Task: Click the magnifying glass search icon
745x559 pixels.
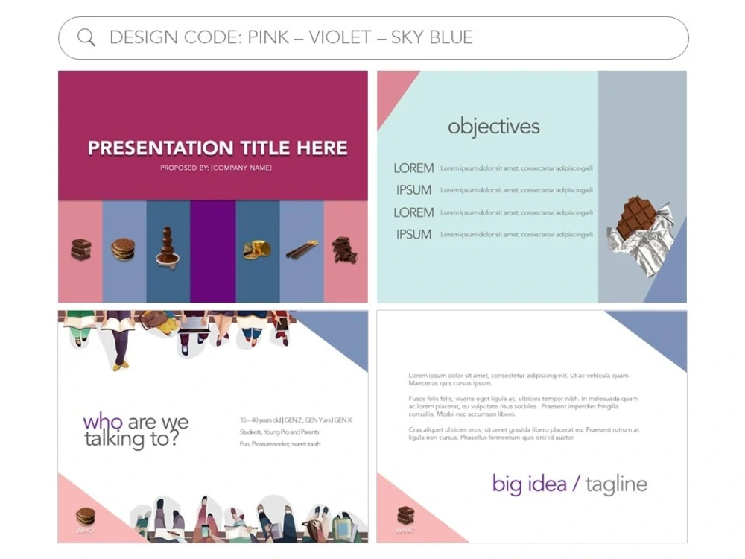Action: (86, 38)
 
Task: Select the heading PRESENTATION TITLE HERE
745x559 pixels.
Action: (218, 148)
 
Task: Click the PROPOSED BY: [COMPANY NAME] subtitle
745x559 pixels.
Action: (216, 168)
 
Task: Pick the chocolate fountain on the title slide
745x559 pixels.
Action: (168, 247)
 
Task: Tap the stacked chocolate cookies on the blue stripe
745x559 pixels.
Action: (123, 250)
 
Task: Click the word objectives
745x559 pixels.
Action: (493, 126)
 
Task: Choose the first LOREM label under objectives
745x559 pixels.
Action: (413, 168)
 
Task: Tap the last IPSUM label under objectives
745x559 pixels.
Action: (413, 234)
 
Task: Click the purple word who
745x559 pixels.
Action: (103, 422)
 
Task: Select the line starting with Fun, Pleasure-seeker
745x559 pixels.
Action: (280, 444)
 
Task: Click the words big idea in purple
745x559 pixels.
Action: (530, 484)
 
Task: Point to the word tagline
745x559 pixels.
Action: (616, 484)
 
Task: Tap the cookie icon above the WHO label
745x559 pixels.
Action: (86, 516)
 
